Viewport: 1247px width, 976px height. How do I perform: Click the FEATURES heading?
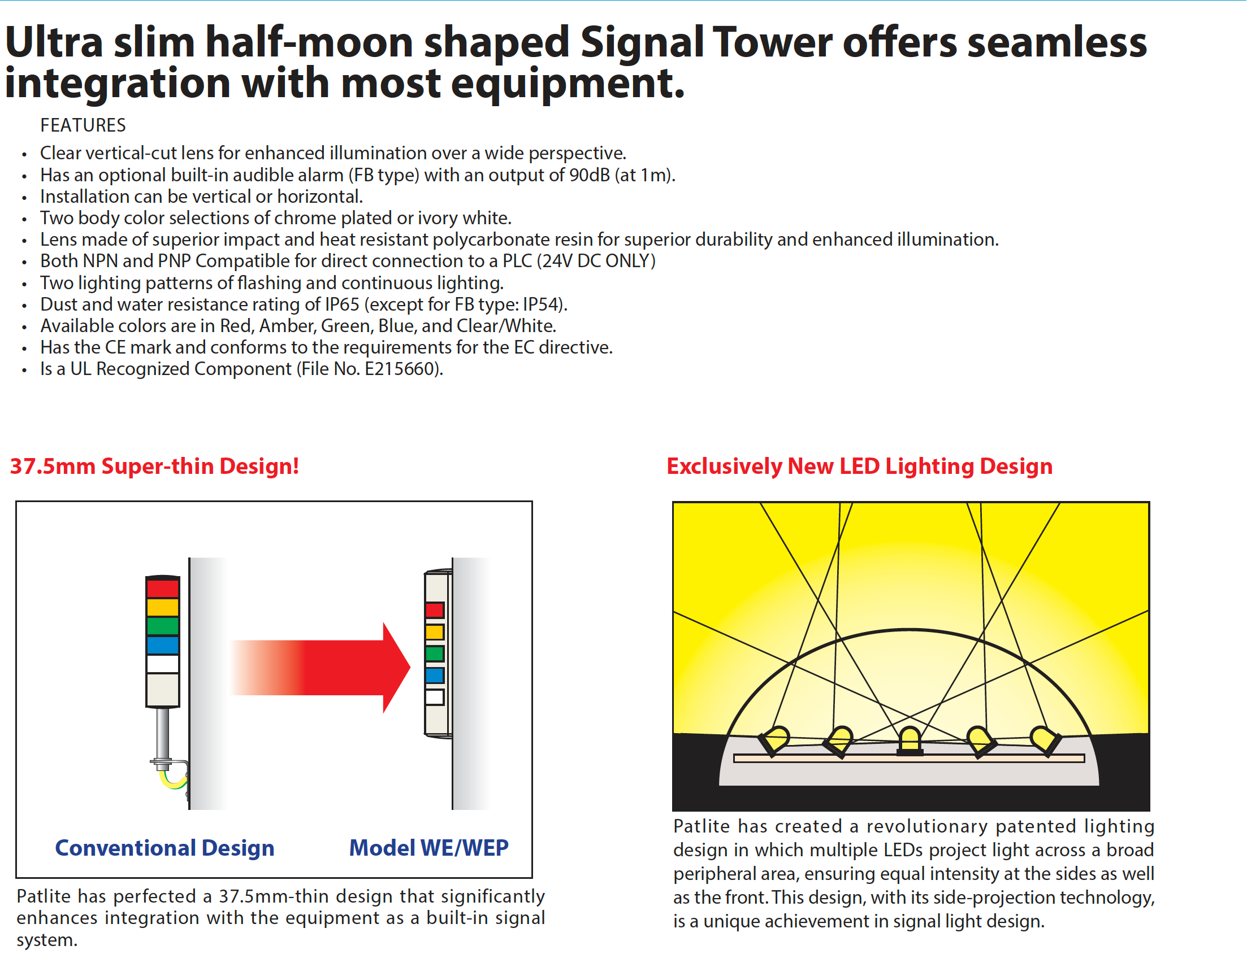pos(83,125)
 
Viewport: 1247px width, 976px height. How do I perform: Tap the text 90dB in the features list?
pos(590,175)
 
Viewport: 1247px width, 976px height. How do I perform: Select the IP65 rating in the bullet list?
pos(342,304)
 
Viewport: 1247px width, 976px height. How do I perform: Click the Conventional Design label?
pos(164,848)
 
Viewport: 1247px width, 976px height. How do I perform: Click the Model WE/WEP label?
pos(428,848)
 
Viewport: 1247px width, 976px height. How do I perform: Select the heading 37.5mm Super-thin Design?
pos(154,467)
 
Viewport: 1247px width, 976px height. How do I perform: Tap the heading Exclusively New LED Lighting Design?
pos(859,467)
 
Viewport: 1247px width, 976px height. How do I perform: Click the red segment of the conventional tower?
pos(163,589)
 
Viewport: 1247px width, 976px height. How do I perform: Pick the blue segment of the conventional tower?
pos(163,645)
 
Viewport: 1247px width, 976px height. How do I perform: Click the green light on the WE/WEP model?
pos(435,653)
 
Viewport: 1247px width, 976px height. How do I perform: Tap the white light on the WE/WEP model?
pos(435,697)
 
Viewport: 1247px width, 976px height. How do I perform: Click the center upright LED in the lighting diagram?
pos(910,740)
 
